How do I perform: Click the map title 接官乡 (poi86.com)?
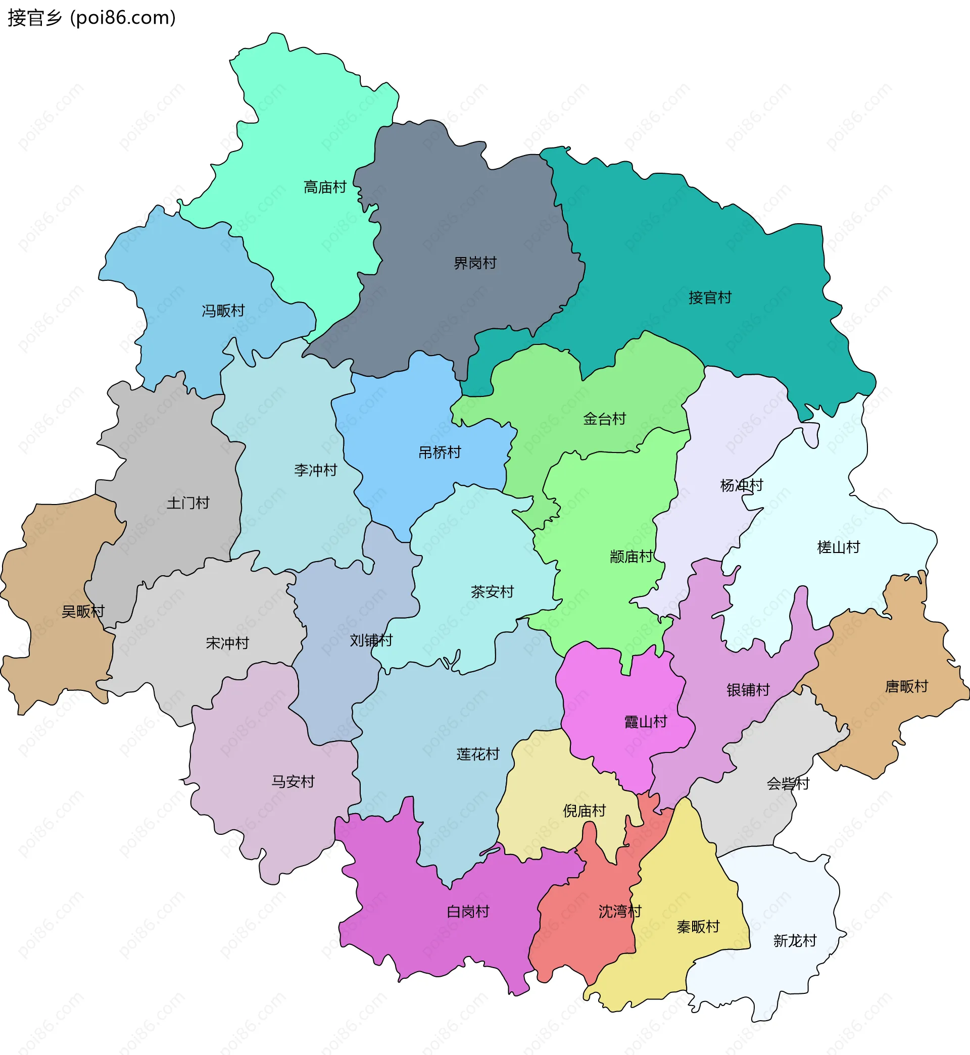point(92,18)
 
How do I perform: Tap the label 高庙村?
point(325,187)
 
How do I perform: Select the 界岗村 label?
point(475,263)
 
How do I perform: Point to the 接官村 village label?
point(710,297)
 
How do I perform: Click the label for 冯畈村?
point(224,311)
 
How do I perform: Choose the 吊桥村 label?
point(440,452)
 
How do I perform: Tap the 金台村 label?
point(604,419)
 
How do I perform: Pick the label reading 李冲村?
point(315,470)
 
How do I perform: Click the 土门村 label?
point(188,503)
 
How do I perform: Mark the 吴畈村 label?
point(83,611)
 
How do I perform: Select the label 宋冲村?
point(227,643)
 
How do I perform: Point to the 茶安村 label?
point(492,592)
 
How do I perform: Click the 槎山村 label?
point(838,547)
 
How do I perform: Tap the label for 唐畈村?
point(906,686)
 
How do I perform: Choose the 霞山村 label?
point(645,722)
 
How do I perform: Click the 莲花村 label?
point(477,754)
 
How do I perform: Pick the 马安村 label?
point(293,782)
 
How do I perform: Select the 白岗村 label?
point(468,912)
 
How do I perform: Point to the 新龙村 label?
point(795,941)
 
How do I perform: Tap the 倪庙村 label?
point(584,811)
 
